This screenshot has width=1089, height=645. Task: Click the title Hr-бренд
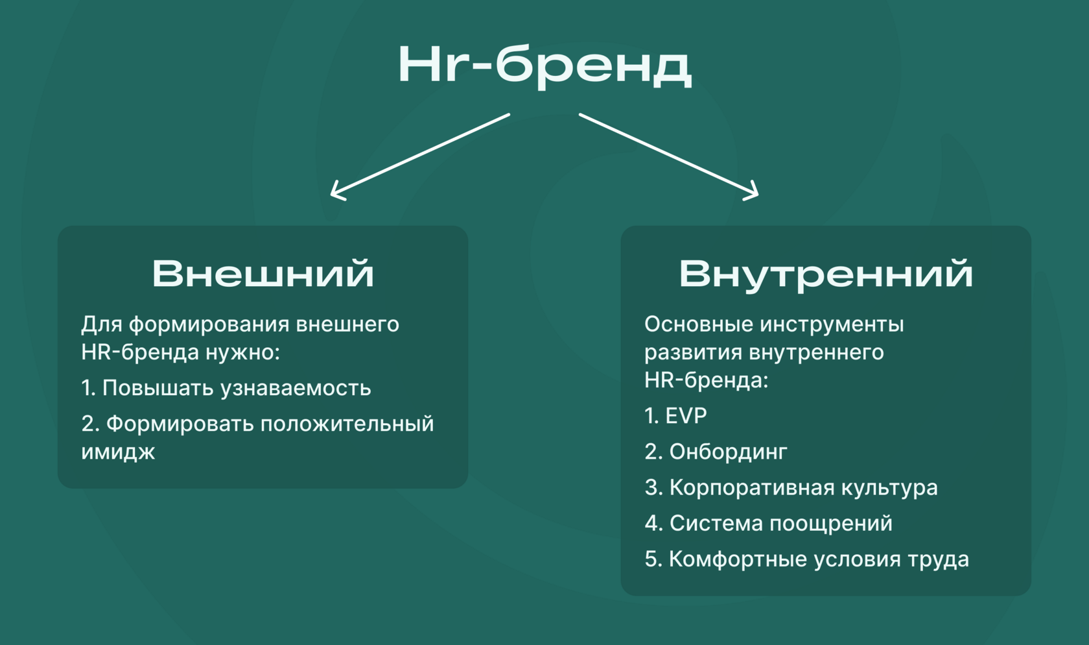(544, 65)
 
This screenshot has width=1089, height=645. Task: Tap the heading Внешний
(263, 273)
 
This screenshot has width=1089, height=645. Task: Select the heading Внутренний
(825, 274)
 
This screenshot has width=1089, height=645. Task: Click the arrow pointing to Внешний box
(420, 155)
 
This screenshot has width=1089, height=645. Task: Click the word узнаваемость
(296, 388)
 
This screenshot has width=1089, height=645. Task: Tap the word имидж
(118, 452)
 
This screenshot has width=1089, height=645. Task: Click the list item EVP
(686, 416)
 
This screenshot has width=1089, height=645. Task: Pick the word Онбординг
(728, 452)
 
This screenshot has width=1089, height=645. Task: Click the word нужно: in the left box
(242, 352)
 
